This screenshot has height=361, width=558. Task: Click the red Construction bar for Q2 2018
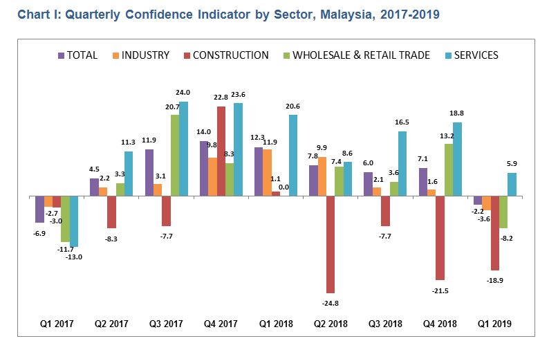point(331,244)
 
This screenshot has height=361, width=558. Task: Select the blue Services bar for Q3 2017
point(183,149)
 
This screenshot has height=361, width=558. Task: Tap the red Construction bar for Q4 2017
point(221,151)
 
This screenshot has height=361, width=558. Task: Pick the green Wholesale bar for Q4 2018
point(449,169)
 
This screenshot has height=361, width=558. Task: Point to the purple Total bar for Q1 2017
point(40,209)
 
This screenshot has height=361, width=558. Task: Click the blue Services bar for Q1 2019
point(512,184)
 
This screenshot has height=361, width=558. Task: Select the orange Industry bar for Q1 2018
point(267,172)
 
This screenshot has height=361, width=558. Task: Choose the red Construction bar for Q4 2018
point(440,237)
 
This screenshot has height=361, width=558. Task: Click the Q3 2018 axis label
point(385,323)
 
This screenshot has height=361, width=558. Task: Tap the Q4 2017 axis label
point(221,323)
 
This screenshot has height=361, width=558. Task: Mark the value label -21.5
point(440,291)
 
